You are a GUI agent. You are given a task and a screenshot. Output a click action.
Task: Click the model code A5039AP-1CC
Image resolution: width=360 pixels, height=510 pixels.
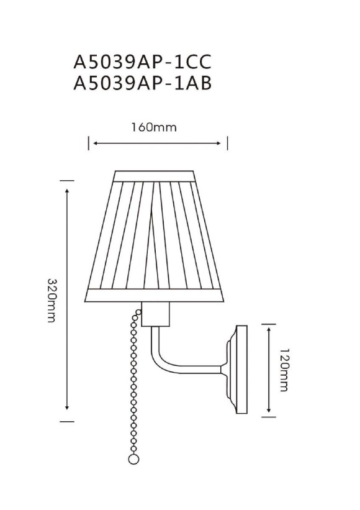tap(143, 61)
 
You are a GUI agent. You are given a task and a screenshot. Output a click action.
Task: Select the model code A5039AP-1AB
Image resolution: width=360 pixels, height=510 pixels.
tap(143, 84)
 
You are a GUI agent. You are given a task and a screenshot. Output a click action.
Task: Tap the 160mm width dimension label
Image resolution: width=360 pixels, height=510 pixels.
tap(154, 128)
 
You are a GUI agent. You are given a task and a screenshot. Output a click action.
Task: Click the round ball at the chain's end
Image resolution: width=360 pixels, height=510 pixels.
tap(132, 460)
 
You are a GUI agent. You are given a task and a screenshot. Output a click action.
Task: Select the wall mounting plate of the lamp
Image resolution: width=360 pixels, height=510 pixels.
tap(239, 369)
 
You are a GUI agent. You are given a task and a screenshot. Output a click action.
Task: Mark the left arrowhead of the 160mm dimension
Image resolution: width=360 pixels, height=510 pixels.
tap(92, 144)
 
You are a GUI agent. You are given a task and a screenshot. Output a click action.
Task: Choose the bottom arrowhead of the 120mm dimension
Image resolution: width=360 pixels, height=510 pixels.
tap(268, 411)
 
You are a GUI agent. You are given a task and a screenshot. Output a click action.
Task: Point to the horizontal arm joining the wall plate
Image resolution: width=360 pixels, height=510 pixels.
tap(205, 371)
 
